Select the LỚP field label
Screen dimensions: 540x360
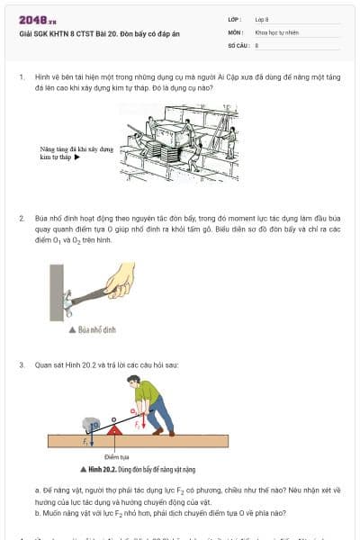(x=235, y=18)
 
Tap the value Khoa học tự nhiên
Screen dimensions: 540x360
(x=275, y=31)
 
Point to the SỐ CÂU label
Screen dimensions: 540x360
(x=238, y=43)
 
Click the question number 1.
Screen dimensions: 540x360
(x=21, y=77)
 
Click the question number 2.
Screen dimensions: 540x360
(x=21, y=219)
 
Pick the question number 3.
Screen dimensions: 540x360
(x=21, y=365)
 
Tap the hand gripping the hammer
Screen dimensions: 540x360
(x=120, y=281)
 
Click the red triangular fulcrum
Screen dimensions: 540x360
(x=114, y=429)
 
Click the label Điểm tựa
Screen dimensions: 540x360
(x=116, y=457)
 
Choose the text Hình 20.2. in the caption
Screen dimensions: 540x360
(x=106, y=470)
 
